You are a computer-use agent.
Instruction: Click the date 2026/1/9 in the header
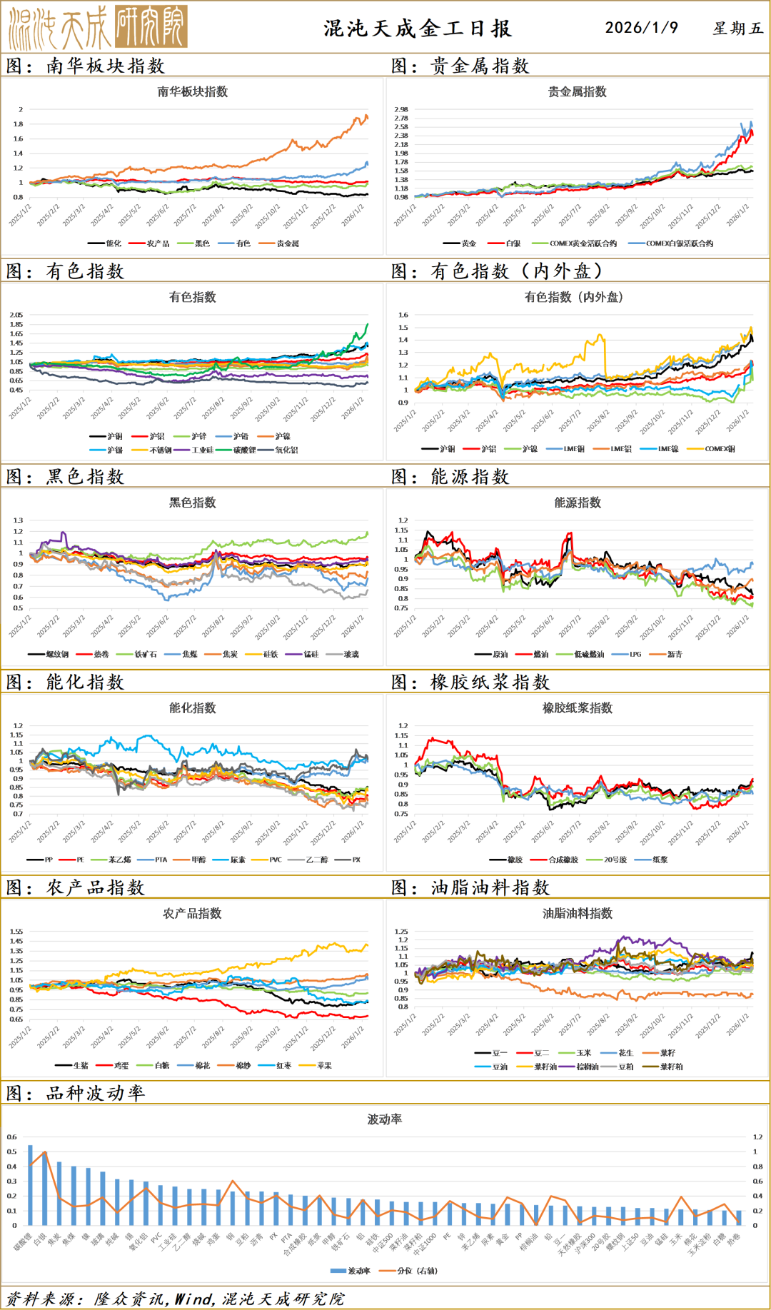click(x=641, y=28)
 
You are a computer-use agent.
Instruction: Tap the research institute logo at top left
click(x=98, y=27)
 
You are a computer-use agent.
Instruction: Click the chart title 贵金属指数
click(x=577, y=92)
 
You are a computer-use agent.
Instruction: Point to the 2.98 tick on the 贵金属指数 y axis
click(x=400, y=110)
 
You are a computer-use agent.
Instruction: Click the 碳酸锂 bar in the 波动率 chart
click(x=30, y=1185)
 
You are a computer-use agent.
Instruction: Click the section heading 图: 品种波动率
click(x=76, y=1093)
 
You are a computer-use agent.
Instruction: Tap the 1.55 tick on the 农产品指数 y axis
click(x=16, y=932)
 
